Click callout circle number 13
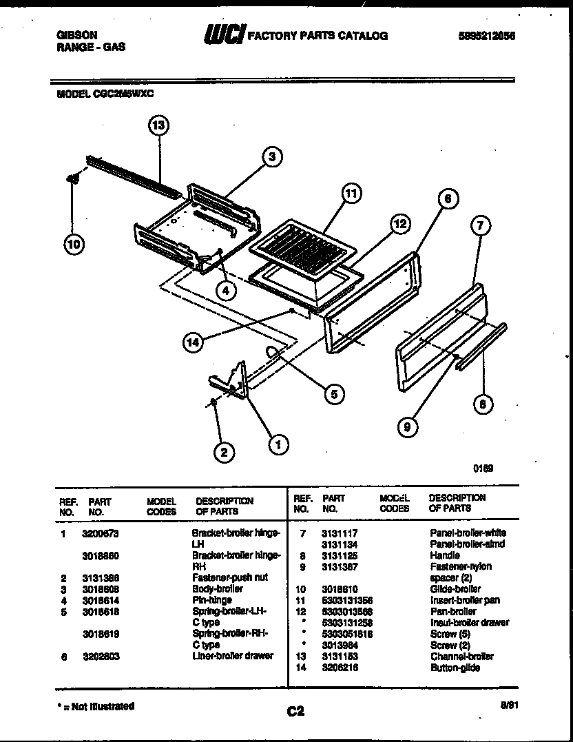tap(158, 125)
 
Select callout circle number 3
tap(272, 157)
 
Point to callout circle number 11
tap(351, 194)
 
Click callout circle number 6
tap(447, 199)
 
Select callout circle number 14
tap(196, 340)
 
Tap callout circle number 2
tap(223, 452)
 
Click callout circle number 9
tap(407, 428)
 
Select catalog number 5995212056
tap(486, 36)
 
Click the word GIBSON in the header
tap(76, 35)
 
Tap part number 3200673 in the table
tap(100, 533)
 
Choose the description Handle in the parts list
tap(445, 555)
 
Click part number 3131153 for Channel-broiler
tap(339, 657)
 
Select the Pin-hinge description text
tap(212, 600)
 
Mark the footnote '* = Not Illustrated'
tap(95, 706)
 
